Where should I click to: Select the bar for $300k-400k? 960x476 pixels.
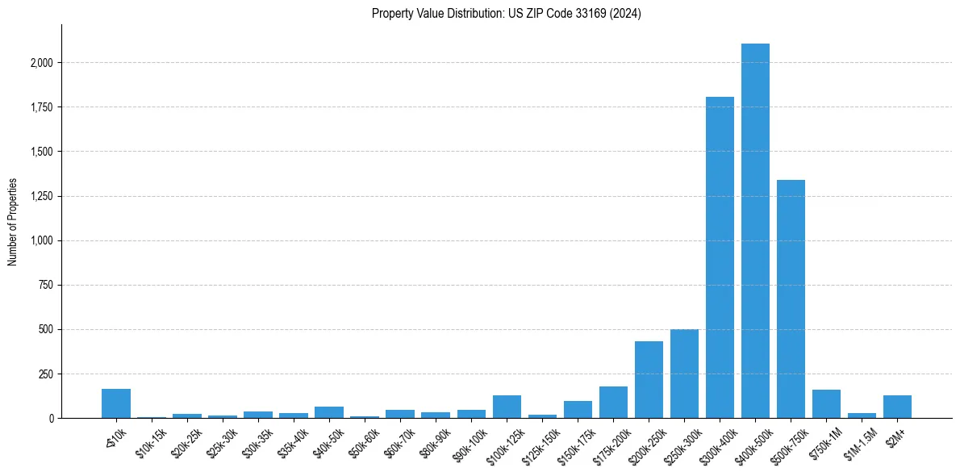720,257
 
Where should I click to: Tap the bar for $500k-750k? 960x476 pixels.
791,299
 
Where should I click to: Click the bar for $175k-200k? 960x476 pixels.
613,403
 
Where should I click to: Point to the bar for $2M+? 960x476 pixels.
897,407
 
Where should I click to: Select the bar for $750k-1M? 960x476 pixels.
826,404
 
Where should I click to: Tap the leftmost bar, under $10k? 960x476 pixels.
116,403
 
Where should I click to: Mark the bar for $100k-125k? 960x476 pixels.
507,407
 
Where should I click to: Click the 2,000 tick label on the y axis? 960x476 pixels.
42,63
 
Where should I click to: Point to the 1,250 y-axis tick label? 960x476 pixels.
42,196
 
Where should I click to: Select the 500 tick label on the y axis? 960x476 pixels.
47,330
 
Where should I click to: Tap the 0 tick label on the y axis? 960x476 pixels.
52,419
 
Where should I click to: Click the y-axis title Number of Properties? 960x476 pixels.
13,222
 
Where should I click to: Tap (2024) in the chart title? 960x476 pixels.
626,14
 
